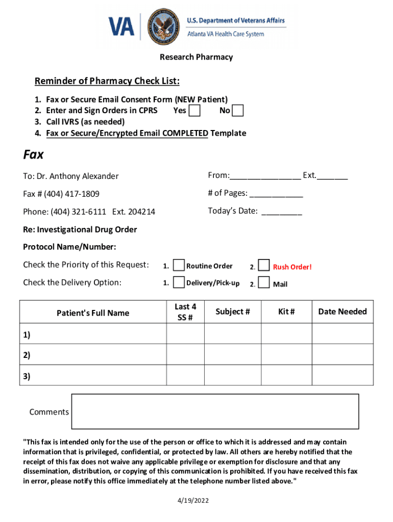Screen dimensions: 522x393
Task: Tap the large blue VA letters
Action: (121, 26)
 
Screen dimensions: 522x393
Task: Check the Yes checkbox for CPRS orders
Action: (194, 111)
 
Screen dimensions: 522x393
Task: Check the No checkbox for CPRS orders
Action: (237, 111)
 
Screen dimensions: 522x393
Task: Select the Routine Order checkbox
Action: (179, 265)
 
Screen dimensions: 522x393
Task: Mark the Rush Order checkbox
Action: (264, 265)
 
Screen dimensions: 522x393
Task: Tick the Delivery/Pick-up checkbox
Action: (179, 282)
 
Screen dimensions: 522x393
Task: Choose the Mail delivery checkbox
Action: (264, 282)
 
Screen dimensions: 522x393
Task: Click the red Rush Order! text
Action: (292, 267)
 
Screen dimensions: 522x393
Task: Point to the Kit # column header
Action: (286, 311)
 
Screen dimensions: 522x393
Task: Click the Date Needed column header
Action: (342, 311)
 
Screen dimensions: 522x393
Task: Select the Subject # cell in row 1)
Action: (233, 334)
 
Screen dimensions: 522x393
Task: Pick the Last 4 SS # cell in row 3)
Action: (185, 376)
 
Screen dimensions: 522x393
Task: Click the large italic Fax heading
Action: (34, 154)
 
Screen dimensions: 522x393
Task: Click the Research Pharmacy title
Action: (196, 57)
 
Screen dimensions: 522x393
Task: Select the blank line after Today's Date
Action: (282, 212)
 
